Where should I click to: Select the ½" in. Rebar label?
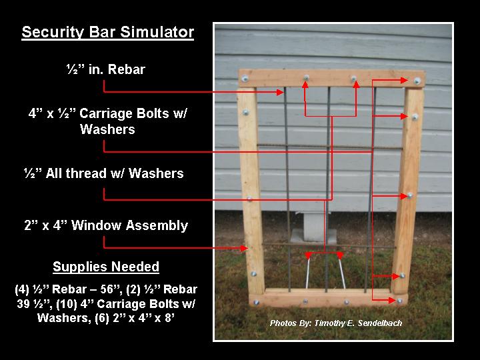click(105, 69)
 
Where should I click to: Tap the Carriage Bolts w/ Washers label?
click(107, 121)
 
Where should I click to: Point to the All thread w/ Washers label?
click(103, 173)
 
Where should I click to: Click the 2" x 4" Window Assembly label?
click(106, 225)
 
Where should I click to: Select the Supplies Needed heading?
click(106, 267)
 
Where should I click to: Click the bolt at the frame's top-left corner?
click(245, 79)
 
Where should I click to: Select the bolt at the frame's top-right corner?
click(417, 81)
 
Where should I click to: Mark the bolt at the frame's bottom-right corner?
click(399, 301)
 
